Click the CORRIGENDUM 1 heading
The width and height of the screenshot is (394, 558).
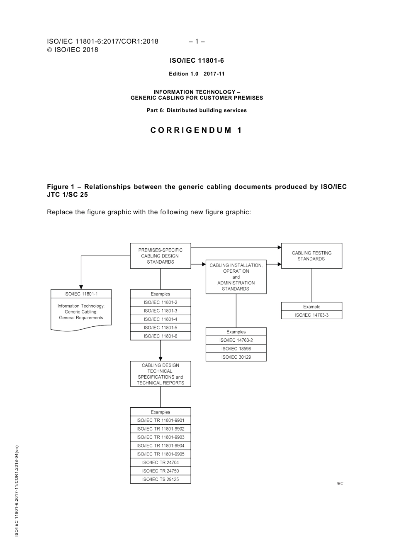pyautogui.click(x=196, y=130)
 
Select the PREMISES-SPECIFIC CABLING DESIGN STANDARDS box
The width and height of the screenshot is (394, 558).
pyautogui.click(x=161, y=256)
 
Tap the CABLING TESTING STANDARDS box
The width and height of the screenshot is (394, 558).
pyautogui.click(x=311, y=256)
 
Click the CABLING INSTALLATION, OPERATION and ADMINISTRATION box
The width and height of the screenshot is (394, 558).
pyautogui.click(x=236, y=277)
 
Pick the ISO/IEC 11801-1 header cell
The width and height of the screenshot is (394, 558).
pyautogui.click(x=81, y=294)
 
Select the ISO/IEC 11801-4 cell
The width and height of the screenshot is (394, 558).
pyautogui.click(x=161, y=319)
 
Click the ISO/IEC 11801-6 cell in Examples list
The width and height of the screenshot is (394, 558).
pyautogui.click(x=161, y=336)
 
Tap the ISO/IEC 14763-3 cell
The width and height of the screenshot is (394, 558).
pyautogui.click(x=311, y=315)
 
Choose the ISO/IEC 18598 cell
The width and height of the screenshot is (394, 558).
pyautogui.click(x=236, y=349)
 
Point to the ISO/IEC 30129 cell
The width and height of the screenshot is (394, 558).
pyautogui.click(x=236, y=357)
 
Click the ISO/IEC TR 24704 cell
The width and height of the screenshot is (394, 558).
pyautogui.click(x=161, y=463)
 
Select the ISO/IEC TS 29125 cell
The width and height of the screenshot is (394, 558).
pyautogui.click(x=161, y=479)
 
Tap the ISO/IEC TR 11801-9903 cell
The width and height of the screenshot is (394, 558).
pyautogui.click(x=161, y=437)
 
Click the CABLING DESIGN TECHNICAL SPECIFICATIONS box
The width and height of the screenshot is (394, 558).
pyautogui.click(x=161, y=374)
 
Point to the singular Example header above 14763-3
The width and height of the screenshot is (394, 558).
pyautogui.click(x=311, y=306)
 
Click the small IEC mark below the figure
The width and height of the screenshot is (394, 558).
pyautogui.click(x=340, y=484)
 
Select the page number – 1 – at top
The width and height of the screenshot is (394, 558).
pyautogui.click(x=197, y=41)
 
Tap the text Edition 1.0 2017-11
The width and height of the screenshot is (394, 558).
pyautogui.click(x=197, y=74)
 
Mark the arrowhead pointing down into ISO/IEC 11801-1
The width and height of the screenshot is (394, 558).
pyautogui.click(x=81, y=286)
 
